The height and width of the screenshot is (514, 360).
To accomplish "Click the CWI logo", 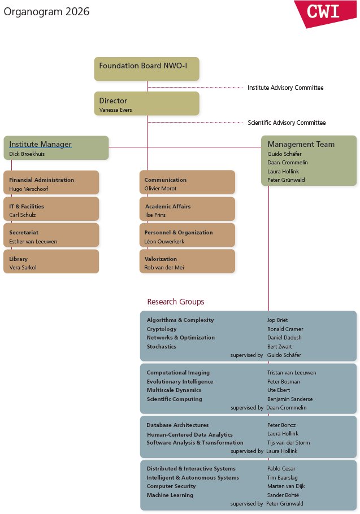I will (x=325, y=12).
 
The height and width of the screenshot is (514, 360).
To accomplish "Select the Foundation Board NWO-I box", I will (x=146, y=68).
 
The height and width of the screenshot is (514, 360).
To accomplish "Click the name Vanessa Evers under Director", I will (x=116, y=110).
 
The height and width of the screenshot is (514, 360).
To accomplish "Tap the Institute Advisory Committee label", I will (x=285, y=88).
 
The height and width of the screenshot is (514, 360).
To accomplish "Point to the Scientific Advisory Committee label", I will (x=287, y=123).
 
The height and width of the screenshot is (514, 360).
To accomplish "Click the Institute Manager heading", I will (x=40, y=144).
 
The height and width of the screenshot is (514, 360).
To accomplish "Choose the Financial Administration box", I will (x=51, y=182).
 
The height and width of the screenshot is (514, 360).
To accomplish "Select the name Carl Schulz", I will (x=23, y=215).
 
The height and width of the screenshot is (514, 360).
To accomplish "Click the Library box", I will (x=51, y=262).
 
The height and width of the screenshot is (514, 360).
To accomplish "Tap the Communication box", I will (x=187, y=182).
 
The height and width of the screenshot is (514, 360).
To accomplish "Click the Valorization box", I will (x=187, y=262).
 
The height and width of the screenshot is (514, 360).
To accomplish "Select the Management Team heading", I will (x=301, y=144).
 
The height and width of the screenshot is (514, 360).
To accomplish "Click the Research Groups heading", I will (x=176, y=302).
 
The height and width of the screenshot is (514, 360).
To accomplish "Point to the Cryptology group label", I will (x=162, y=329).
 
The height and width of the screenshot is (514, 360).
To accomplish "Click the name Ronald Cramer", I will (x=285, y=329).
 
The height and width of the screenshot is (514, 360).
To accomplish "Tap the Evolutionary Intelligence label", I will (x=180, y=381).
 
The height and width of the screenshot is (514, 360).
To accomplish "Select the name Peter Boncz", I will (x=281, y=425).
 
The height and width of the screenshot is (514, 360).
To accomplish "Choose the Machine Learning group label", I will (x=170, y=495).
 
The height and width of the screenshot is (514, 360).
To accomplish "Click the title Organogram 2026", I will (x=46, y=12).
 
